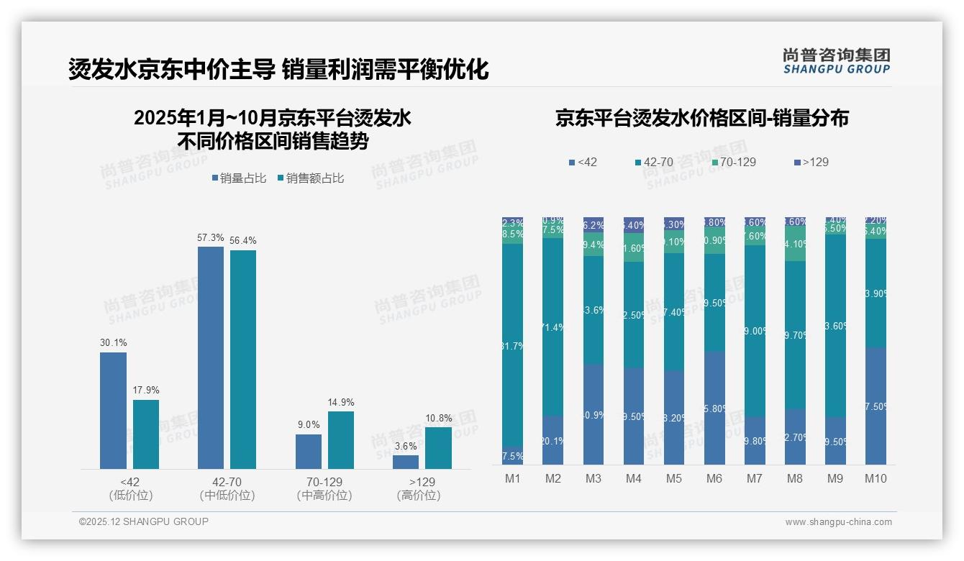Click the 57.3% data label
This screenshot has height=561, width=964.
[210, 237]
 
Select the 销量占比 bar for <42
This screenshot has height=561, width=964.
[113, 410]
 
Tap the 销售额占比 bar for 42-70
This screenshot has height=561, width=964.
[243, 360]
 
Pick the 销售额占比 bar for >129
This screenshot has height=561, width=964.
[438, 448]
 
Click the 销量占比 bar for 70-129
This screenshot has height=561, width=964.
[308, 452]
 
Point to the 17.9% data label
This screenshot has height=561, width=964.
[146, 391]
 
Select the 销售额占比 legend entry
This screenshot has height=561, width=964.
[310, 178]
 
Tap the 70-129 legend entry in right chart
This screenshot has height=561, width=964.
[733, 163]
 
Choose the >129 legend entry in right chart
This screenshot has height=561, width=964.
[811, 163]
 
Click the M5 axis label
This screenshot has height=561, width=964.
[673, 478]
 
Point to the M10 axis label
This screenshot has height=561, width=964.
[875, 478]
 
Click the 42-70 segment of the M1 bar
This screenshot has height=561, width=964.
[512, 345]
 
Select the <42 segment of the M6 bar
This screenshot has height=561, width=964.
[714, 408]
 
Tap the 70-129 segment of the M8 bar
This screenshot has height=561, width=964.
[795, 245]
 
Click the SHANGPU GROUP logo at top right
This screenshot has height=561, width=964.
[836, 61]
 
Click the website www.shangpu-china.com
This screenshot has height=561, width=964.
[838, 522]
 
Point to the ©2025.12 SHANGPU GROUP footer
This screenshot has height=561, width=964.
[144, 522]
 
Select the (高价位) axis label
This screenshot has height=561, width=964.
[418, 496]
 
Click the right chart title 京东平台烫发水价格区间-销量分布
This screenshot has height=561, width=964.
[701, 118]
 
